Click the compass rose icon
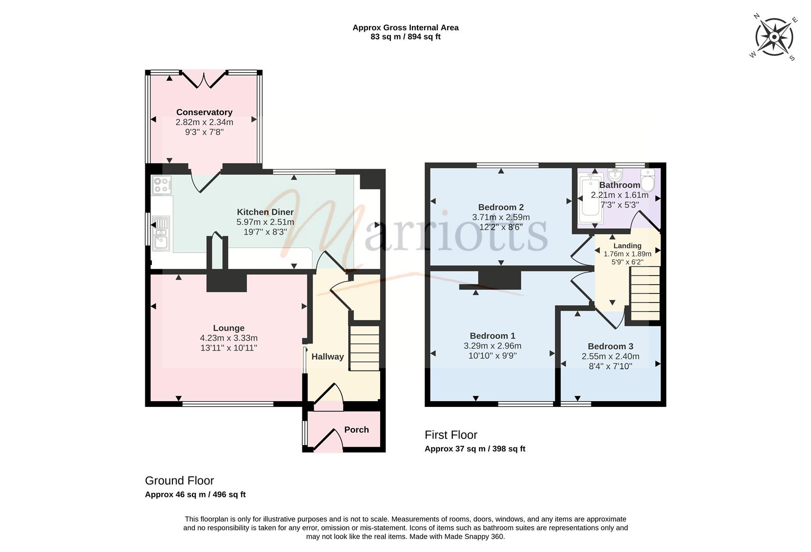774,37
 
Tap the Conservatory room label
204,112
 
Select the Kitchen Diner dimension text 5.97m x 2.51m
265,222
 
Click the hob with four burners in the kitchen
162,185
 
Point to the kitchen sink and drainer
161,233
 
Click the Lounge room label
228,328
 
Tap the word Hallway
327,357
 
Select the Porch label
356,429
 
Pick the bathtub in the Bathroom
590,198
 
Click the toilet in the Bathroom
648,180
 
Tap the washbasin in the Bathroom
615,175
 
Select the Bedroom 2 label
501,208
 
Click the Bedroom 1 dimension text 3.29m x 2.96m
492,346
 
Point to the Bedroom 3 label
610,346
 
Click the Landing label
627,246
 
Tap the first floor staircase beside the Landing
645,293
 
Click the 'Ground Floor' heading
179,480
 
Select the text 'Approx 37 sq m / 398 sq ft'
475,449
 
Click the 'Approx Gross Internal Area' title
405,28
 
